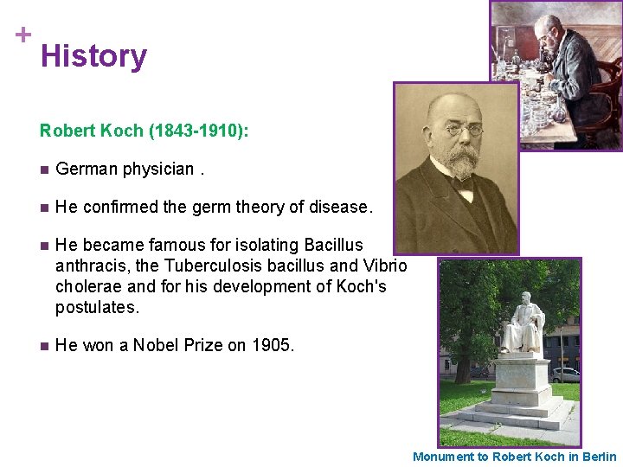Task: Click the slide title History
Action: pos(93,56)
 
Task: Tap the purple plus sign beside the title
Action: pos(23,35)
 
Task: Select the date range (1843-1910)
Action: pos(199,131)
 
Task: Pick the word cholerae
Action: pos(89,285)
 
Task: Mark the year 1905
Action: pos(271,345)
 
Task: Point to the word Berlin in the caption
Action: pos(596,457)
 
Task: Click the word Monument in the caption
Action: pos(444,457)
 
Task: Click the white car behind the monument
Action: pos(565,374)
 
